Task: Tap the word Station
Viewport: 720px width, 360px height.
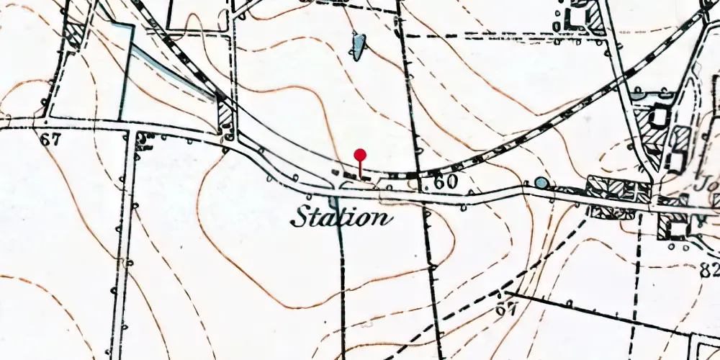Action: [x=341, y=217]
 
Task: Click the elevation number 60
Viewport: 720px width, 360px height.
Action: [x=446, y=182]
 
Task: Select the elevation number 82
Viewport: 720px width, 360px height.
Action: [x=709, y=270]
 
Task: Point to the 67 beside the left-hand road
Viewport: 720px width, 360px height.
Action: [x=49, y=140]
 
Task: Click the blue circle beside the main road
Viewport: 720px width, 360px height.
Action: [x=540, y=183]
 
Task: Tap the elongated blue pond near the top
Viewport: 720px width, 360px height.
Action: [x=358, y=46]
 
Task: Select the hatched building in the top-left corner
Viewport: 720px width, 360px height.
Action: [x=73, y=35]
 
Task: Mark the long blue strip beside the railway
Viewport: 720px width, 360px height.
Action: [x=173, y=72]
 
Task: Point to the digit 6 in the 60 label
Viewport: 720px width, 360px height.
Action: [x=438, y=182]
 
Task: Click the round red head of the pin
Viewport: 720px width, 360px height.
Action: [x=360, y=154]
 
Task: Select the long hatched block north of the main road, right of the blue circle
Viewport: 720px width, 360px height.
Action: [x=618, y=189]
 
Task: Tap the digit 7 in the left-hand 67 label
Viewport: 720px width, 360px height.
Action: [x=55, y=140]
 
